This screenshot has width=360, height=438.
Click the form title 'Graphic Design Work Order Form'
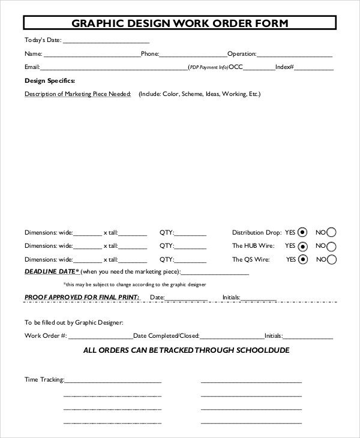click(180, 23)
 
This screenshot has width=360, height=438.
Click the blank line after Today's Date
click(106, 41)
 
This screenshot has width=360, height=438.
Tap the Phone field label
click(149, 54)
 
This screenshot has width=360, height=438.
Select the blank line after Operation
click(295, 55)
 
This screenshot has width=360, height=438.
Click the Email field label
click(32, 67)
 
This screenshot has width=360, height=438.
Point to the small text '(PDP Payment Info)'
click(208, 67)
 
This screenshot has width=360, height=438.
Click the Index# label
click(284, 67)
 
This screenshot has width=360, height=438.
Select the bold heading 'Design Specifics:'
click(50, 80)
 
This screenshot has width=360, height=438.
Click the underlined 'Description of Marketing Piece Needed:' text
click(78, 94)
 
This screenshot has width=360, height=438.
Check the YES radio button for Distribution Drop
click(303, 232)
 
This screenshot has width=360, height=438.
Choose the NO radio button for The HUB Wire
click(331, 246)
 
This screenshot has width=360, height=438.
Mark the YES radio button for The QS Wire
click(303, 260)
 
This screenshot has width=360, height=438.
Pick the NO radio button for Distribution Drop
click(331, 232)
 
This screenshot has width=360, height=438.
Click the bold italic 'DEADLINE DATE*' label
click(52, 272)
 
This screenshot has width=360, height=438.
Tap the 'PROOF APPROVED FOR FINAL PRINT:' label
click(82, 297)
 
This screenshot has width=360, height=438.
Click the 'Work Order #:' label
click(46, 336)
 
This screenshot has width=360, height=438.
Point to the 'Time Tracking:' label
click(44, 380)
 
